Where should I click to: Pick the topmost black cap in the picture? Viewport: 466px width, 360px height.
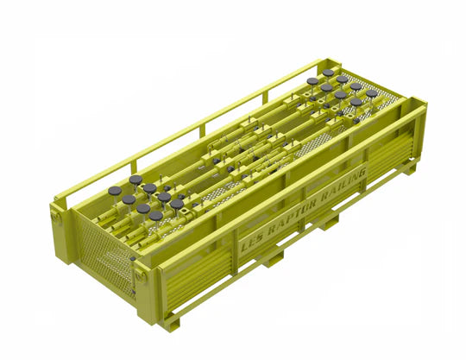coord(329,73)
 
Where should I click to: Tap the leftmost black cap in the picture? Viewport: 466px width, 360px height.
coord(115,191)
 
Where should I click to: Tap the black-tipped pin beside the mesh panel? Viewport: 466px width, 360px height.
coord(132,257)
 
